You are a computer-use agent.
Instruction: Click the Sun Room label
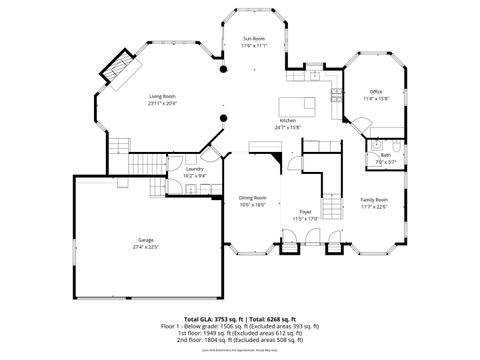[x=253, y=39]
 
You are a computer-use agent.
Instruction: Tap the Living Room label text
[x=162, y=96]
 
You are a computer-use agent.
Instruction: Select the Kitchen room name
[x=287, y=120]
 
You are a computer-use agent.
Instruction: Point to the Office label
[x=376, y=91]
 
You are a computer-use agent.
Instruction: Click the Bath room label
[x=385, y=155]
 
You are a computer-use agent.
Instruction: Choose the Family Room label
[x=375, y=199]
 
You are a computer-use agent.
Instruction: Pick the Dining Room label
[x=253, y=198]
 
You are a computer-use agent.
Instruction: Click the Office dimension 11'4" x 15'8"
[x=376, y=98]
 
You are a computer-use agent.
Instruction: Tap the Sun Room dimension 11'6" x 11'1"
[x=253, y=46]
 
